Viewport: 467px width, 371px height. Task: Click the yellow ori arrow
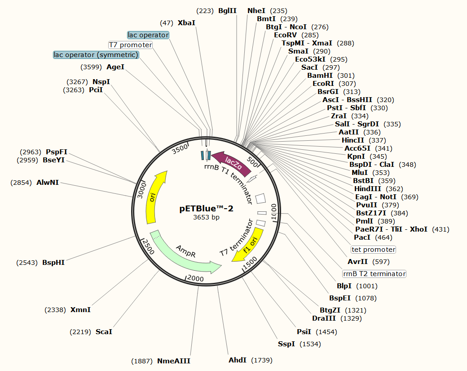tap(155, 198)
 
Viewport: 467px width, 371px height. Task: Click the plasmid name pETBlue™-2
tap(207, 209)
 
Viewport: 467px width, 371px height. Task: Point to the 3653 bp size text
tap(207, 218)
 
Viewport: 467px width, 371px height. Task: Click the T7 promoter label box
tap(131, 45)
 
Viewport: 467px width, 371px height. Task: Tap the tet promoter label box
tap(373, 250)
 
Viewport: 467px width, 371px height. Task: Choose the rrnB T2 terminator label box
tap(374, 274)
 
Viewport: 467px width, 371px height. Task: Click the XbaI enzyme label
tap(187, 22)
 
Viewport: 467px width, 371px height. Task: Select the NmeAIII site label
tap(174, 361)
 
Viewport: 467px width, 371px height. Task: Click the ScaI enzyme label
tap(104, 332)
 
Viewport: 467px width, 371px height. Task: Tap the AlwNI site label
tap(48, 183)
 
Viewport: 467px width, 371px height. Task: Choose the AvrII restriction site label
tap(358, 262)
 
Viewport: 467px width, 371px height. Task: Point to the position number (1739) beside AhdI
tap(261, 360)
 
